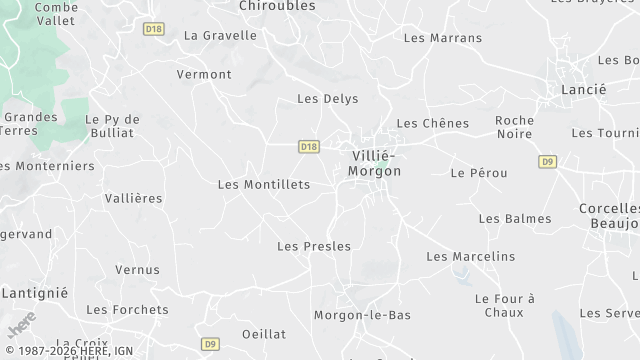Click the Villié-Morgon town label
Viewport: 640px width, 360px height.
click(x=374, y=163)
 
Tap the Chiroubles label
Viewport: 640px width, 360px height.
click(x=277, y=6)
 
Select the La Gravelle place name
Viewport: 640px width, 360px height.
click(x=220, y=35)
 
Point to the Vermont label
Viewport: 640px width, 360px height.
click(x=204, y=74)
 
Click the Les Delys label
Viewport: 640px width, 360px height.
click(x=328, y=99)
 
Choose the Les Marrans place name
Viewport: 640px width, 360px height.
click(x=442, y=38)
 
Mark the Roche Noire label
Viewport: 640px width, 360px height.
click(x=514, y=127)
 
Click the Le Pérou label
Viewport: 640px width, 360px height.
click(x=479, y=173)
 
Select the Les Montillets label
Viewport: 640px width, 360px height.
click(x=264, y=184)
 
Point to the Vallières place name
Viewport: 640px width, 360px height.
click(x=133, y=198)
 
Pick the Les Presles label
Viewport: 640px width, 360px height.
click(x=314, y=246)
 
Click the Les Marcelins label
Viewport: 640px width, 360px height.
click(x=471, y=257)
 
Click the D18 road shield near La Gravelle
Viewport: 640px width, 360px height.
click(x=153, y=30)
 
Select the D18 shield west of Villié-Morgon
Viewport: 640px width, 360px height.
click(x=308, y=147)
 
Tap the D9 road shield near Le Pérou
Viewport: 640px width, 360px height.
click(x=547, y=161)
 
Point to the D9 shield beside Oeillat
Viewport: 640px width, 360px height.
click(x=209, y=344)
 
